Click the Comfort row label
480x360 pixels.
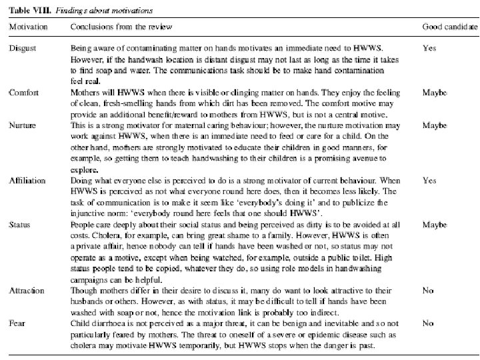[x=24, y=93]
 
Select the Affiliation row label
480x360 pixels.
[x=27, y=180]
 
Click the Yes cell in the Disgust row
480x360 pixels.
[x=429, y=48]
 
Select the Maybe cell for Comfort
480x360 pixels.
[x=434, y=93]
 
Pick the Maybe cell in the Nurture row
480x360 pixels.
[x=434, y=125]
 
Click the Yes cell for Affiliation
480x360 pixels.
[x=429, y=180]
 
